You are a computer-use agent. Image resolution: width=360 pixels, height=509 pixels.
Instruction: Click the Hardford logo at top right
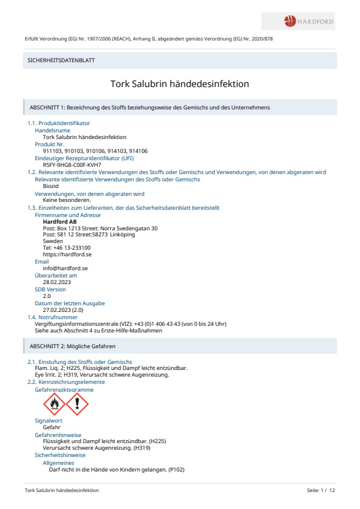tap(309, 22)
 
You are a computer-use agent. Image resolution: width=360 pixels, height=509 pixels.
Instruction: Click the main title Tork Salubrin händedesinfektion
tap(180, 85)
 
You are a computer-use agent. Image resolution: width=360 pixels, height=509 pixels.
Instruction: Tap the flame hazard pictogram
tap(54, 404)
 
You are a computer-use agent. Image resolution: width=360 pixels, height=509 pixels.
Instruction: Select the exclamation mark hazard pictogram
tap(77, 404)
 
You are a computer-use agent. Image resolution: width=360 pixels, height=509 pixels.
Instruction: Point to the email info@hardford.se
tap(66, 268)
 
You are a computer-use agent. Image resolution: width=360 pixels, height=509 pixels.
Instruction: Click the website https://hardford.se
tap(67, 254)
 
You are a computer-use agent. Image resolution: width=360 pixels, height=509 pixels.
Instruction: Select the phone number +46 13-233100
tap(67, 248)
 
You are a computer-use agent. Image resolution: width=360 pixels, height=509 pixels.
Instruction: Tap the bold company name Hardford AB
tap(60, 221)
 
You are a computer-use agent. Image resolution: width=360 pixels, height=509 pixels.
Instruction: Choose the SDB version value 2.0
tap(47, 296)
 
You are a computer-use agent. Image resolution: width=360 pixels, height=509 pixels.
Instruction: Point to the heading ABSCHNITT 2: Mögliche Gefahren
tap(73, 346)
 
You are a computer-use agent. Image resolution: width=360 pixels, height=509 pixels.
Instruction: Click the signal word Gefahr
tap(52, 427)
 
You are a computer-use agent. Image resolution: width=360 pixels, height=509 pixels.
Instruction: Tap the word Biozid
tap(51, 186)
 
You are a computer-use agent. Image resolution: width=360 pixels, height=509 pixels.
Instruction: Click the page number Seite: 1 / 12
tap(321, 491)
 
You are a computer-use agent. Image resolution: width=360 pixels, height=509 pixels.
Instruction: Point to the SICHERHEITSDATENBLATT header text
tap(61, 60)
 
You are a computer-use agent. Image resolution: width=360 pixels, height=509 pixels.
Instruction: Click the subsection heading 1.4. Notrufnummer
tap(53, 317)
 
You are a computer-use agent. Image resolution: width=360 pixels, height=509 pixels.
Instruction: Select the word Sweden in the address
tap(53, 241)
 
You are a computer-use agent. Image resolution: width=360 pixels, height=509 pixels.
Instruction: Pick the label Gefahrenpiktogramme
tap(64, 389)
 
